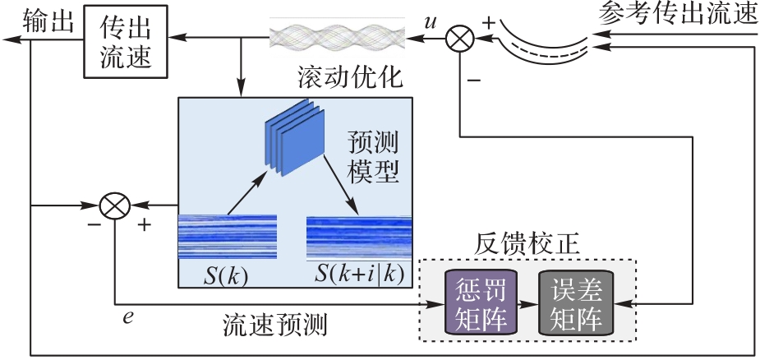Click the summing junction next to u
[x=458, y=37]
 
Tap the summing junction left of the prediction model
[x=116, y=205]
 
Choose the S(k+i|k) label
[x=359, y=275]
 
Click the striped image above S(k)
[x=228, y=237]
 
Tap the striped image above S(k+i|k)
[x=359, y=236]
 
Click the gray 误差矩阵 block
[x=576, y=302]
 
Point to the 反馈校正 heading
[x=528, y=244]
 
